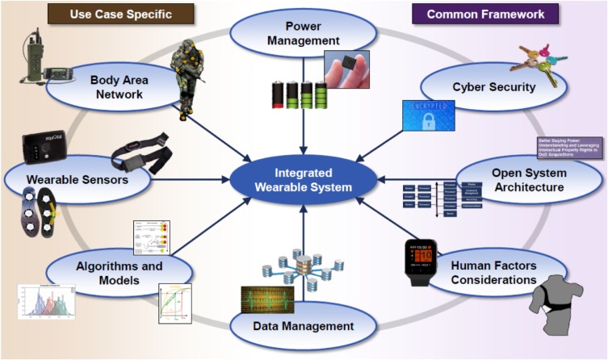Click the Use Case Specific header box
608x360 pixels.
tap(121, 13)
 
